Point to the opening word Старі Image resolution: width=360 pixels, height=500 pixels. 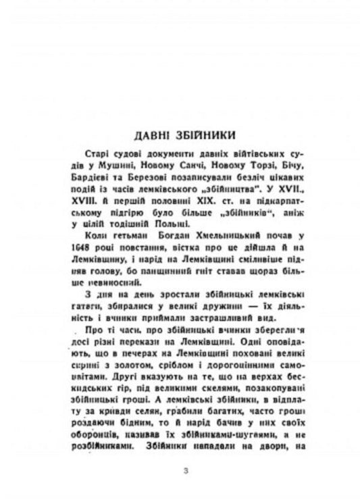[100, 153]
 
